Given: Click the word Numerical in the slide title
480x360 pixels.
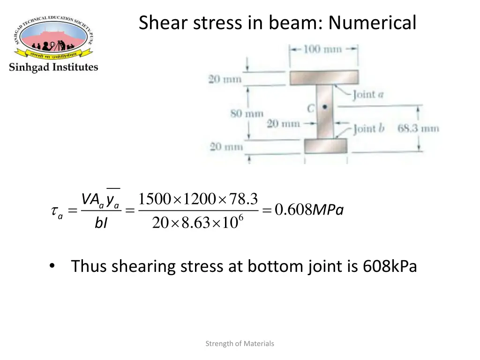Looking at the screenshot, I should click(372, 22).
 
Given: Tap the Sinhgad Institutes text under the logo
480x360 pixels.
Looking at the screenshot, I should click(53, 67).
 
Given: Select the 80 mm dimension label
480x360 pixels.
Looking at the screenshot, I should click(247, 113).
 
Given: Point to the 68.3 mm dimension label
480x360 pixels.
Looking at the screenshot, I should click(418, 127).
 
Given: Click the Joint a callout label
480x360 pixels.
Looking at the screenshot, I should click(368, 94).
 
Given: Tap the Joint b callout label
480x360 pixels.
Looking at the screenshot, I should click(368, 128).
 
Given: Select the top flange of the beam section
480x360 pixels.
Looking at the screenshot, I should click(324, 77).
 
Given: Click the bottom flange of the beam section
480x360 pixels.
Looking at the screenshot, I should click(325, 146).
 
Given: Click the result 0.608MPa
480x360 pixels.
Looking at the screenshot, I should click(309, 211).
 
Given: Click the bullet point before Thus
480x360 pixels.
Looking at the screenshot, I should click(52, 266).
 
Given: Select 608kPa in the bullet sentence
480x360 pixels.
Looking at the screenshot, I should click(390, 266).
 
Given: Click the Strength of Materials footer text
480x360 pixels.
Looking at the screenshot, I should click(240, 344).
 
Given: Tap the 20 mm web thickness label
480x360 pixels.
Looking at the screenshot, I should click(283, 124).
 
